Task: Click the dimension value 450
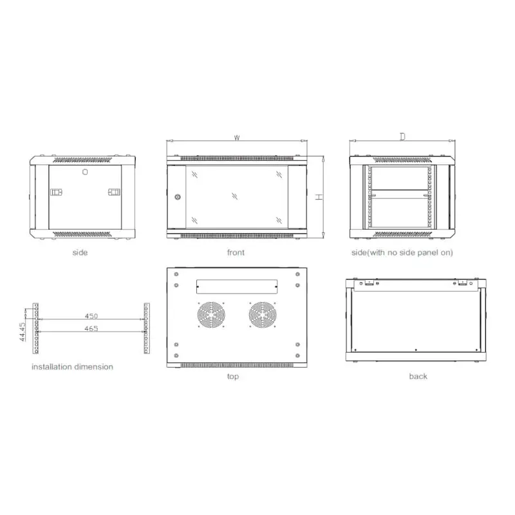click(x=91, y=316)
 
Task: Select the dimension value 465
click(x=91, y=329)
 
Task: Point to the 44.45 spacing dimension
click(x=23, y=333)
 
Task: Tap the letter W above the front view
click(x=237, y=138)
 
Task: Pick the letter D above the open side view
click(x=402, y=136)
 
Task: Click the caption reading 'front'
click(x=236, y=253)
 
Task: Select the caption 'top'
click(x=233, y=377)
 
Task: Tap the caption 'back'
click(x=418, y=377)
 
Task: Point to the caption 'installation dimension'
click(x=73, y=367)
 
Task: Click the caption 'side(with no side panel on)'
click(x=402, y=253)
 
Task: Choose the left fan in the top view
click(x=209, y=317)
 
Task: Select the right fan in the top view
click(x=262, y=317)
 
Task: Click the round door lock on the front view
click(x=178, y=197)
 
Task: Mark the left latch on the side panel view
click(x=57, y=192)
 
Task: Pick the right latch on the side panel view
click(x=114, y=192)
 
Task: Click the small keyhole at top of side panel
click(x=85, y=171)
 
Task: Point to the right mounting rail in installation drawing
click(x=145, y=328)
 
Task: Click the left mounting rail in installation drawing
click(x=37, y=328)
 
